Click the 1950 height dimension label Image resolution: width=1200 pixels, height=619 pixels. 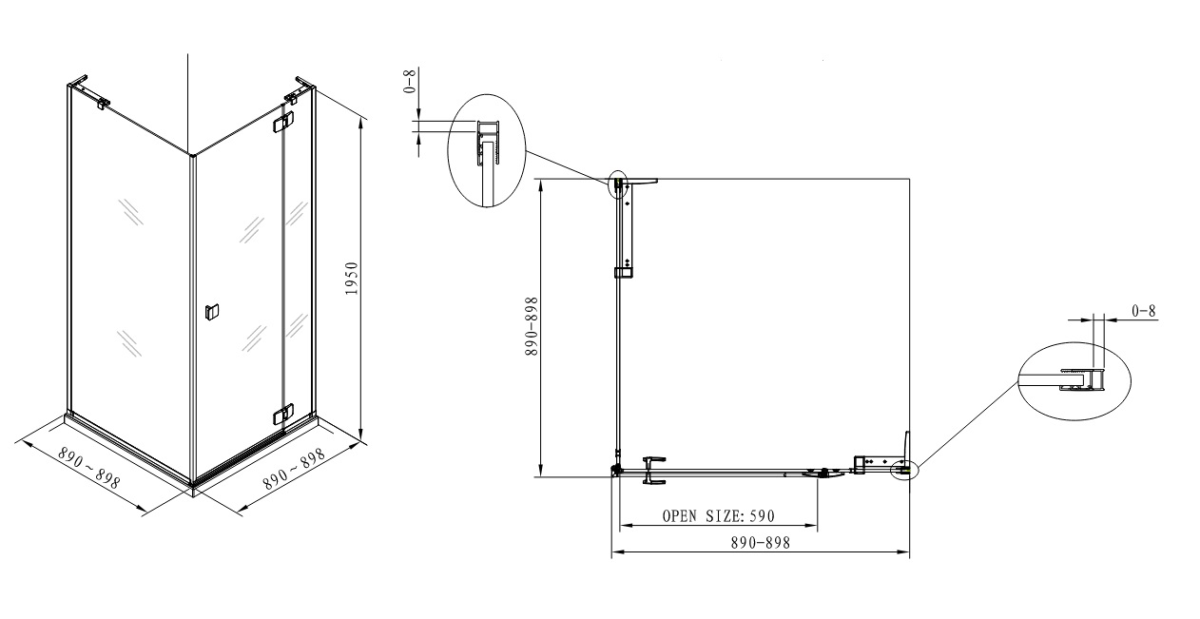352,279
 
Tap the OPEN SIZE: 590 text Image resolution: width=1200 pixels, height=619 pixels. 719,516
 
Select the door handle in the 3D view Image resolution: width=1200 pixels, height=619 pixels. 212,312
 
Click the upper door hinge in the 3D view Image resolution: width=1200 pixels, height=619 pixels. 283,123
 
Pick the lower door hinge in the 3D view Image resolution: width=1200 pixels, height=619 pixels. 282,414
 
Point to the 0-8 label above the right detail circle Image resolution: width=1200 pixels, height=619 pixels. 1143,311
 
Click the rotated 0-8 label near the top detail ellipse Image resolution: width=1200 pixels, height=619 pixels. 410,81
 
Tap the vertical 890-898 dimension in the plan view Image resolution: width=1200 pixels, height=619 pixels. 532,326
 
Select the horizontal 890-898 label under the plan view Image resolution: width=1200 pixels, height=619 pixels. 760,543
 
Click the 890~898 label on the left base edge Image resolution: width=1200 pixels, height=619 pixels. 89,468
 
